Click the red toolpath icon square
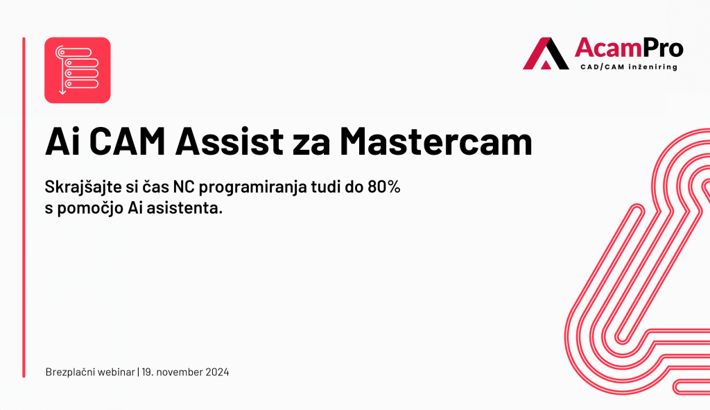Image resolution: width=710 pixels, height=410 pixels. [x=78, y=70]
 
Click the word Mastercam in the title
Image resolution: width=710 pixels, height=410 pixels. [x=436, y=142]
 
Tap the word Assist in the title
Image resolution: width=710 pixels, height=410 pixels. [x=230, y=142]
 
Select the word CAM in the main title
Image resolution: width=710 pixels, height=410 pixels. [x=128, y=142]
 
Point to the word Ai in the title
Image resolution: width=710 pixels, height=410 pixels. [x=62, y=142]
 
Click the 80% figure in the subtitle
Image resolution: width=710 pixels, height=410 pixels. [x=384, y=187]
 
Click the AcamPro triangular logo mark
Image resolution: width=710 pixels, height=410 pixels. [x=546, y=53]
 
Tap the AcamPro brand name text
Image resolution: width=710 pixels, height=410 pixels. [x=629, y=48]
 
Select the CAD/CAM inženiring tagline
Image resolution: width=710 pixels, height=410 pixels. [x=629, y=67]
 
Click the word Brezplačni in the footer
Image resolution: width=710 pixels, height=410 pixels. [x=70, y=372]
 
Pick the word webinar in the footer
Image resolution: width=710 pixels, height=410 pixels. [x=116, y=372]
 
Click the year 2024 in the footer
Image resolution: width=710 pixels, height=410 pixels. [x=217, y=372]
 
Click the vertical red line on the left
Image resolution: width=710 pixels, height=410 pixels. [x=24, y=207]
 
